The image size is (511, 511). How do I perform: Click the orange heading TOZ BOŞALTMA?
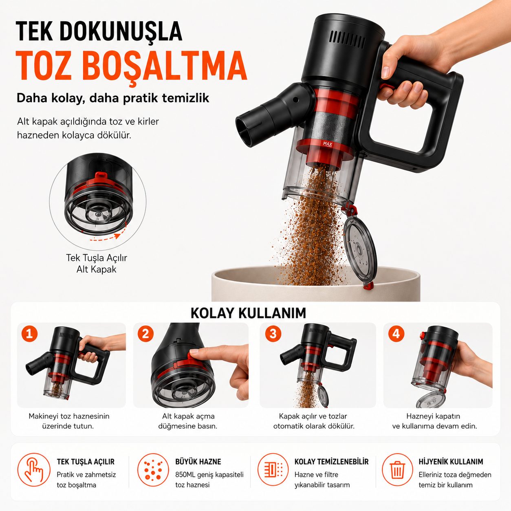(x=132, y=66)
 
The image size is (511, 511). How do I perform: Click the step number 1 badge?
(x=29, y=333)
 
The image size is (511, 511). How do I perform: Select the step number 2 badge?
(x=145, y=333)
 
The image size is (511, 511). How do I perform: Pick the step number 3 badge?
(x=273, y=333)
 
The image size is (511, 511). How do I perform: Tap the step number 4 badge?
(x=396, y=333)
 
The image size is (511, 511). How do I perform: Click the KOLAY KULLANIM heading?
(x=248, y=313)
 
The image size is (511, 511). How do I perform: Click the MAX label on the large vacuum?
(x=328, y=144)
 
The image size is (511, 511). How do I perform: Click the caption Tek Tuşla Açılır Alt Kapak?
(x=97, y=263)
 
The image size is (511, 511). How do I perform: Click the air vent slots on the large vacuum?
(x=348, y=40)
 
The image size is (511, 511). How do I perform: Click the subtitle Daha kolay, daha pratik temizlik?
(x=113, y=98)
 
